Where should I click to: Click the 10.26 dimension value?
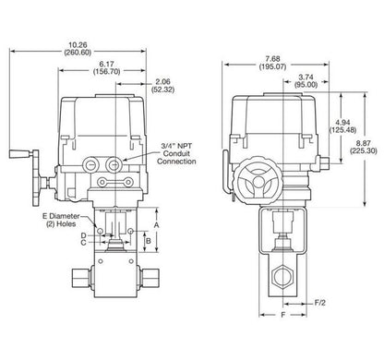coord(78,45)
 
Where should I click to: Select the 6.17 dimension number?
coord(106,65)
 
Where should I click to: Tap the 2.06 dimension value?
coord(162,82)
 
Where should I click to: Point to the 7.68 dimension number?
coord(272,59)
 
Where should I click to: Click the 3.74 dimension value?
coord(306,78)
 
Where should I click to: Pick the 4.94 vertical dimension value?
coord(343,123)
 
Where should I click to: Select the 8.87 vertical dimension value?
coord(364,143)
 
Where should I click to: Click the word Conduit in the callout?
coord(176,153)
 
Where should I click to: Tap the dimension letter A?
coord(156,225)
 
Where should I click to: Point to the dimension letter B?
coord(148,240)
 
